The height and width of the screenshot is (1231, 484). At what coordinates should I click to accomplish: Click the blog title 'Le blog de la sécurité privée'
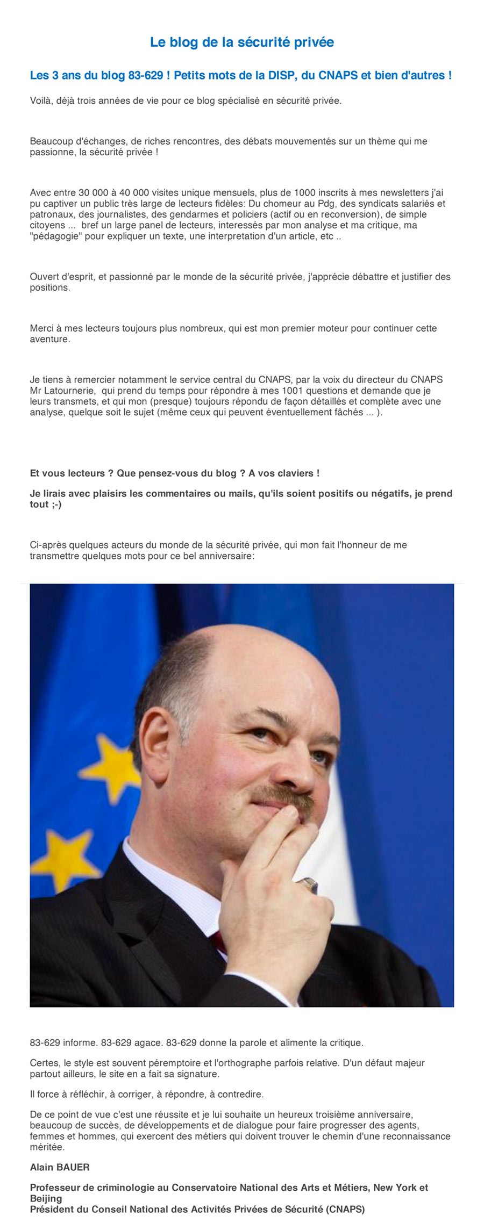pos(242,42)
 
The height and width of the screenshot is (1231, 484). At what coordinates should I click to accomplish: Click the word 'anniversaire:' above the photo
pos(226,556)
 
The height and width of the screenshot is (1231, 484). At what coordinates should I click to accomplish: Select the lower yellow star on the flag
pos(62,860)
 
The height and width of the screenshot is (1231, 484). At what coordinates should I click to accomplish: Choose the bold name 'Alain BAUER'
pos(60,1167)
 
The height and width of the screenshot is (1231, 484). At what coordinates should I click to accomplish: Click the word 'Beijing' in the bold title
pos(46,1198)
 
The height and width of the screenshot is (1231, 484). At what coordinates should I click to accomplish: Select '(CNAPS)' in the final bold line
pos(345,1210)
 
